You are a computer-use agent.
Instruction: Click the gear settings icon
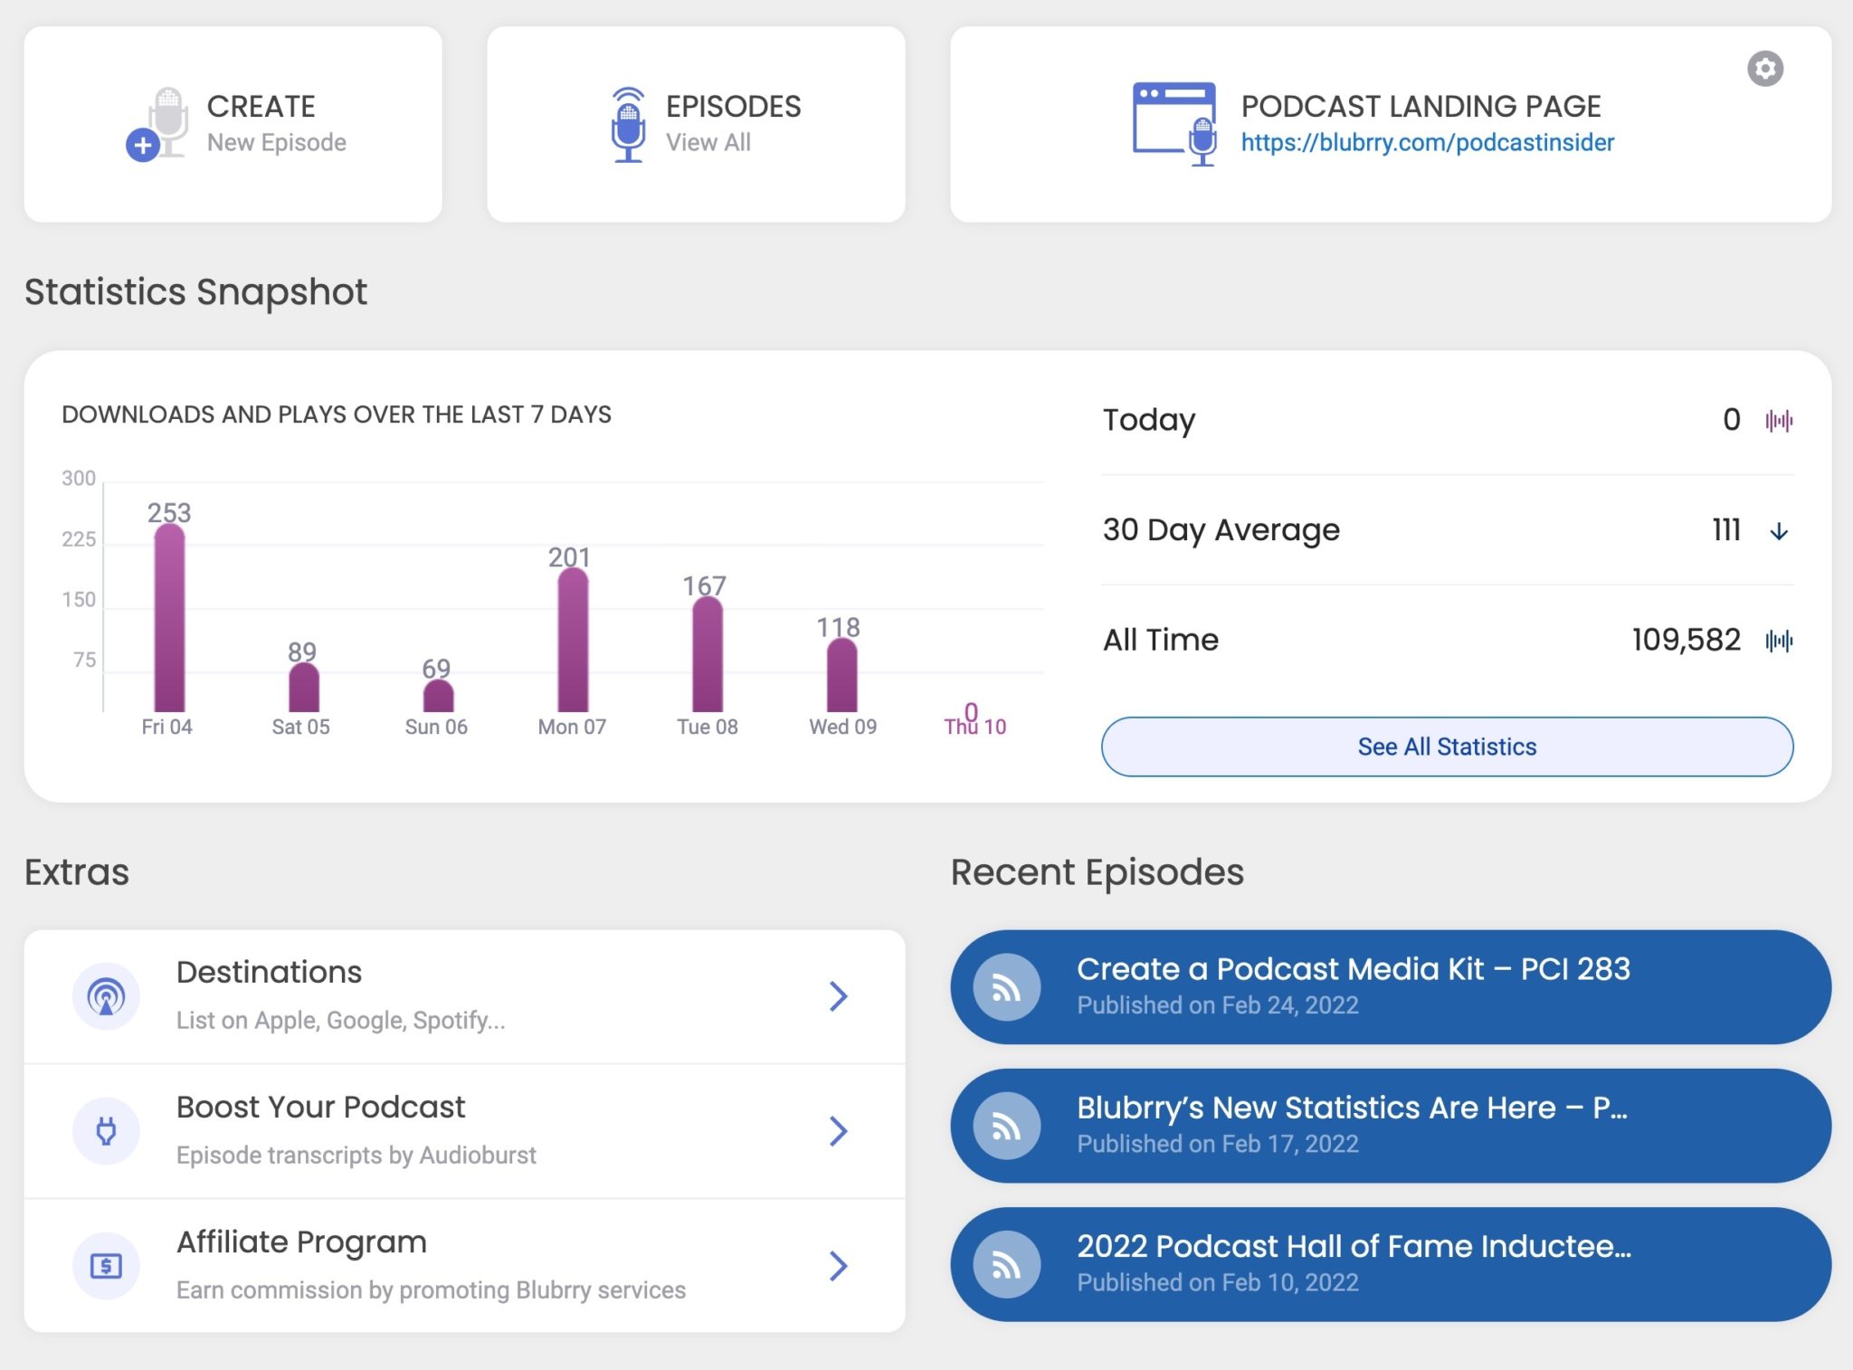click(1764, 69)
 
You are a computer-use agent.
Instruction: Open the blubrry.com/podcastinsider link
click(1427, 143)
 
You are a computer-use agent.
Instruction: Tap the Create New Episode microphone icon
click(157, 125)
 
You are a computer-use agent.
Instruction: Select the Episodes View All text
click(708, 143)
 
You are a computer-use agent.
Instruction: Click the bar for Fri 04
click(169, 620)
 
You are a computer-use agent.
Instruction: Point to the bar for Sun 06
click(438, 696)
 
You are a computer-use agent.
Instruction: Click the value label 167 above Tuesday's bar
click(704, 585)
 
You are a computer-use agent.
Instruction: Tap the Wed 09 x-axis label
click(842, 727)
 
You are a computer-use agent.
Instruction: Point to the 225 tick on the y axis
click(79, 539)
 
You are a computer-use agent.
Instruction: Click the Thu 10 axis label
click(975, 728)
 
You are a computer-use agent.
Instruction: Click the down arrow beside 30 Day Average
click(1778, 531)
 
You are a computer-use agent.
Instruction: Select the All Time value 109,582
click(1686, 641)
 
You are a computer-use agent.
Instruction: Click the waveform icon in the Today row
click(1778, 421)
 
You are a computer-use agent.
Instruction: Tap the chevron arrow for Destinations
click(838, 996)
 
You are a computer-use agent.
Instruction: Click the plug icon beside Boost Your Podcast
click(106, 1131)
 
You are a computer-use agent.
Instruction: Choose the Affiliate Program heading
click(301, 1242)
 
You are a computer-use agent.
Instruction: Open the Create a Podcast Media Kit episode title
click(1353, 969)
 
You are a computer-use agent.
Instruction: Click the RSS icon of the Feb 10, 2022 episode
click(1006, 1265)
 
